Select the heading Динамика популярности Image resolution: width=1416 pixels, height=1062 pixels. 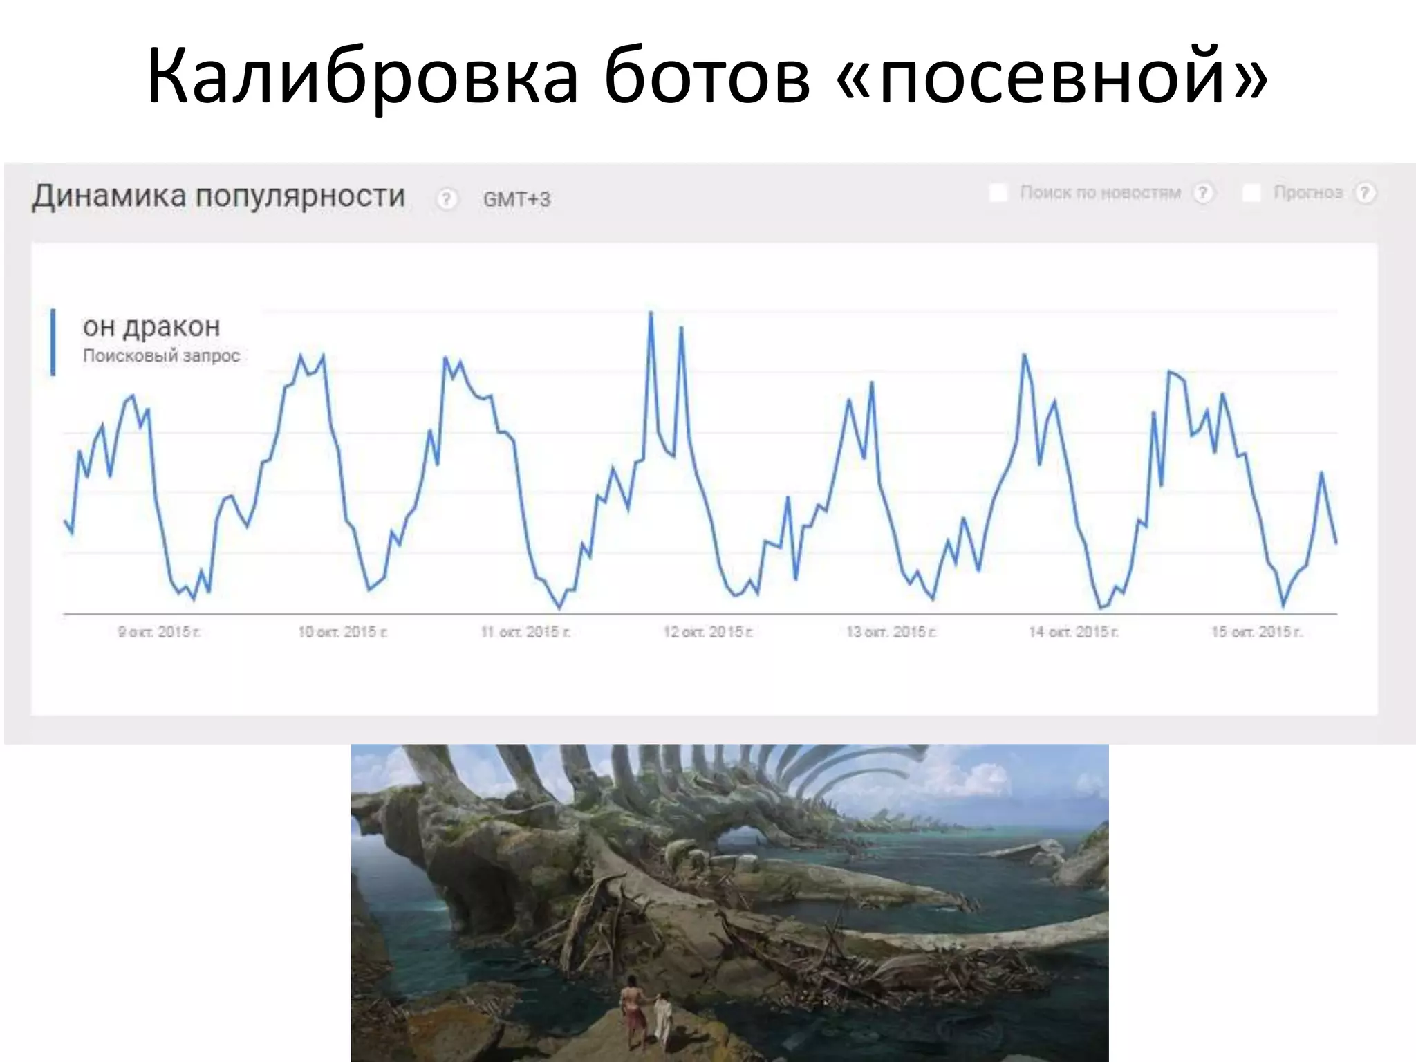(218, 196)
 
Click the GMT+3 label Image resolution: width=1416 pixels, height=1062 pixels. (516, 200)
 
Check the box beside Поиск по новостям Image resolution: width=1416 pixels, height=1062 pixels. (998, 193)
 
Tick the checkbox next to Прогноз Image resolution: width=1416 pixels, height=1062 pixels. (1251, 193)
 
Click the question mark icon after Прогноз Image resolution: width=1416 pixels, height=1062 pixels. (1365, 193)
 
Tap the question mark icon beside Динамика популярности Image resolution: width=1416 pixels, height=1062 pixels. (447, 200)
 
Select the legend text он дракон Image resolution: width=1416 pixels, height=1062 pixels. (151, 326)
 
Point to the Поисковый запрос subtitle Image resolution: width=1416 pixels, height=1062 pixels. (161, 356)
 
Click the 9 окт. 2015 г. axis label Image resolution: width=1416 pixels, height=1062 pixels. (159, 632)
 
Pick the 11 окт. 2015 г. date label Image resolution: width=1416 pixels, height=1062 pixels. (525, 632)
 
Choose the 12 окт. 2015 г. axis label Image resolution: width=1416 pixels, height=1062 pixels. (708, 632)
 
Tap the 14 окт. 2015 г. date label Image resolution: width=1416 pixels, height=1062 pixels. (1073, 632)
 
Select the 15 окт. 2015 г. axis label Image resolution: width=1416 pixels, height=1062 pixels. (1256, 632)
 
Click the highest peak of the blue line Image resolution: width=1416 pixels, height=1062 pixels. (651, 313)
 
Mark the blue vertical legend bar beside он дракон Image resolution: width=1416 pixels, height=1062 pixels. (53, 342)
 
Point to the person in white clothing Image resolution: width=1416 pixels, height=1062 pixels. (662, 1016)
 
